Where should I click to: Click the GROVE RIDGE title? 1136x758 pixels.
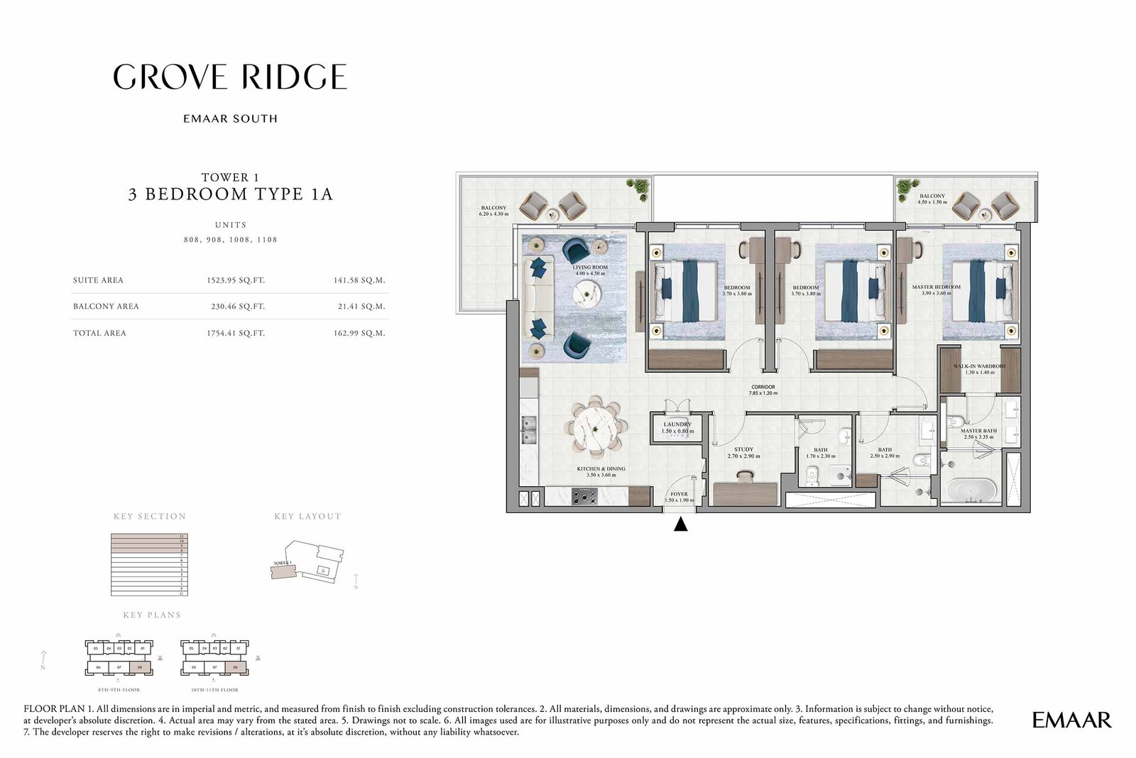(230, 77)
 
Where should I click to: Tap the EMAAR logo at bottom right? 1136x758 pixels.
(1071, 720)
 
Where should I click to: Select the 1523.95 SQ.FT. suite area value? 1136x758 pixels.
(236, 280)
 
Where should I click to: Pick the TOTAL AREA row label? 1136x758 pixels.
(99, 333)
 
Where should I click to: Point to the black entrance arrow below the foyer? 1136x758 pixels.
(680, 525)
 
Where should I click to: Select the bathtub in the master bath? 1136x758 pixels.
(975, 491)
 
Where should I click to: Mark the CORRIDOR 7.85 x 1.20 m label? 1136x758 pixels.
(763, 390)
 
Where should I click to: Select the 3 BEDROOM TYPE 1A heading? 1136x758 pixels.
(230, 194)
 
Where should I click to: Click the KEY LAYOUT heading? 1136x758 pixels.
(307, 517)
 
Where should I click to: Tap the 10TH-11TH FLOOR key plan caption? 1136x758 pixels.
(214, 690)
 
